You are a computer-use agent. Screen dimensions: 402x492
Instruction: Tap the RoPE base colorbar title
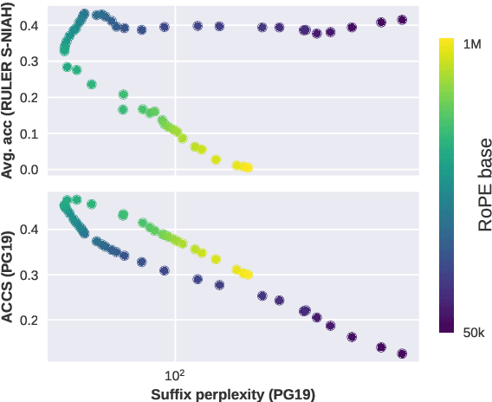pos(486,185)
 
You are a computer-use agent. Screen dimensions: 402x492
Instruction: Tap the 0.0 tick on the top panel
pos(29,170)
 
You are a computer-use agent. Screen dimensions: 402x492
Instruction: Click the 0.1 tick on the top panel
pos(29,134)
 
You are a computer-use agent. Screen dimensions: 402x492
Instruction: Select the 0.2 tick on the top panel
pos(29,98)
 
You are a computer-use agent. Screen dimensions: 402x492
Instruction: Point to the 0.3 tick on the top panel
pos(29,62)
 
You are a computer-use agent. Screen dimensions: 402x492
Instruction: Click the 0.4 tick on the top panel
pos(29,26)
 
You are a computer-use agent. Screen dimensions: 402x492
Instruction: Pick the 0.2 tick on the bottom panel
pos(29,321)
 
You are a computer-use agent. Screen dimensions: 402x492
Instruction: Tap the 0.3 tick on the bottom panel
pos(29,276)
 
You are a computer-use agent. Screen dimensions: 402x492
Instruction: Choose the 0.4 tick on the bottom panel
pos(29,230)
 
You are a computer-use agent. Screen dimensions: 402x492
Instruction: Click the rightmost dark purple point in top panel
pos(402,20)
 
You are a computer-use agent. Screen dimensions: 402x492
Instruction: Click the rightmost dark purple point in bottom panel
pos(402,353)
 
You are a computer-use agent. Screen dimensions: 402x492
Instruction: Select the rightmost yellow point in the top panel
pos(248,168)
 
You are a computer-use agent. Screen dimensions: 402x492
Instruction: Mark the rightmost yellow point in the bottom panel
pos(248,275)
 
